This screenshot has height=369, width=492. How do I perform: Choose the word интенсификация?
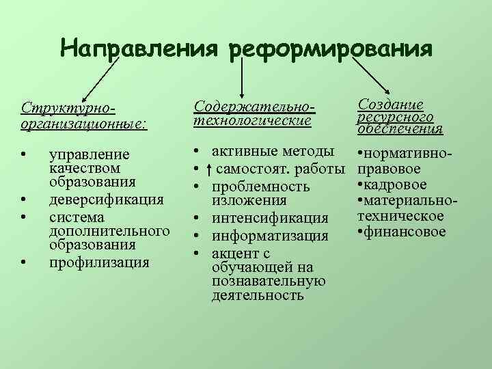pos(270,218)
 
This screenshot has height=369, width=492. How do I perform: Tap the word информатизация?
pos(271,236)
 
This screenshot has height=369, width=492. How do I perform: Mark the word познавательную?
pos(269,282)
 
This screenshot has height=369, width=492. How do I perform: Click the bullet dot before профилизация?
pos(23,261)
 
